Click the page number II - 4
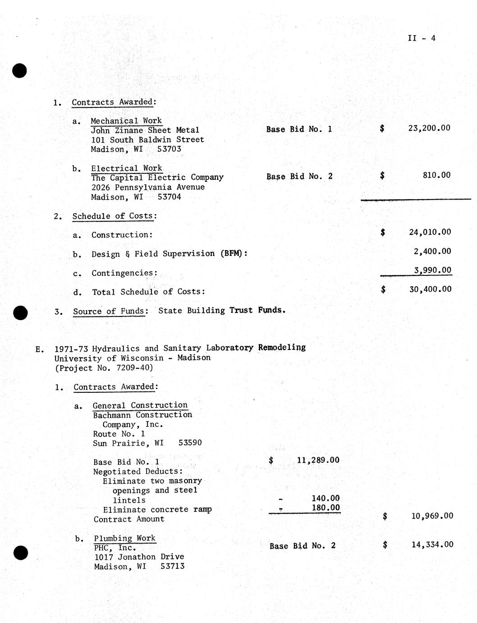click(422, 38)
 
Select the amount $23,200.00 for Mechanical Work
click(429, 128)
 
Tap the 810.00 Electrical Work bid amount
click(436, 175)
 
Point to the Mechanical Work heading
click(126, 121)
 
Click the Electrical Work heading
click(127, 168)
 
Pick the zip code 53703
click(169, 149)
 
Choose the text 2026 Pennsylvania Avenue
click(148, 187)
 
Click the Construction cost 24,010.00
click(430, 232)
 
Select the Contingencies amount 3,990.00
click(432, 270)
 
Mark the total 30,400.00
click(430, 289)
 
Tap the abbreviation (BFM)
click(234, 253)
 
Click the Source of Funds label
click(109, 311)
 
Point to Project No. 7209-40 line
click(104, 367)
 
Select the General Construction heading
click(140, 405)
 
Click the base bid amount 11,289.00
click(318, 460)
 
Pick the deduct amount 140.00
click(326, 498)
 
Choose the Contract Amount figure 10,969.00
click(432, 516)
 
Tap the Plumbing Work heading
click(124, 538)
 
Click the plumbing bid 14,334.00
click(432, 544)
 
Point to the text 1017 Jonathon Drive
click(139, 557)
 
